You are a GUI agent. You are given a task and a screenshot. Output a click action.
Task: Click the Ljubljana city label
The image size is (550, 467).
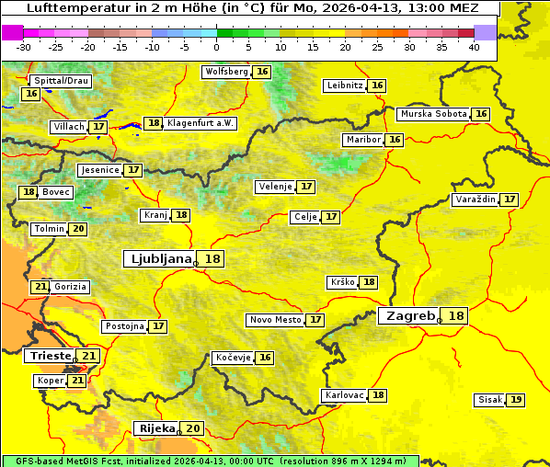click(x=158, y=259)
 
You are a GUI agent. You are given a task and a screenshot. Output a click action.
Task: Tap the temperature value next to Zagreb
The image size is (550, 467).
click(x=456, y=316)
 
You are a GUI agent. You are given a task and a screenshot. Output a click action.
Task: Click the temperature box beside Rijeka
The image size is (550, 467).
click(x=192, y=428)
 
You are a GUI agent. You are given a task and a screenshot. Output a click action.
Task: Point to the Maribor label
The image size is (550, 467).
click(x=361, y=140)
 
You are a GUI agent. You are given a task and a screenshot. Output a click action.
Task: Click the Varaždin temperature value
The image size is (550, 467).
click(x=510, y=199)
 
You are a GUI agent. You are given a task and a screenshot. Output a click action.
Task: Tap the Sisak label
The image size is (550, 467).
click(x=490, y=400)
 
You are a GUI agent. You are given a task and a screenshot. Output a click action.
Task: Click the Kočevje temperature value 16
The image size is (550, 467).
click(x=265, y=358)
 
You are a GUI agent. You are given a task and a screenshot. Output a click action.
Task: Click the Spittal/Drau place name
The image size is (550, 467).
click(x=60, y=81)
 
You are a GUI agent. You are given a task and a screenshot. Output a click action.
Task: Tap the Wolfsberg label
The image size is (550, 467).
click(x=226, y=72)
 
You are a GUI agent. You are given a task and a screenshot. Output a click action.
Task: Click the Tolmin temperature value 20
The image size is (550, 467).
click(x=79, y=229)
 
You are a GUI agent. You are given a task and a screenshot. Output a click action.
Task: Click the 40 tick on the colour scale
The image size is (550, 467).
click(x=474, y=47)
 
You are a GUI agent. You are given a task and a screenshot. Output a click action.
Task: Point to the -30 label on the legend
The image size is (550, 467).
click(x=24, y=47)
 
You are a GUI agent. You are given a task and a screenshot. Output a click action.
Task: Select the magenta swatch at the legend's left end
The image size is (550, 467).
click(x=13, y=32)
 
